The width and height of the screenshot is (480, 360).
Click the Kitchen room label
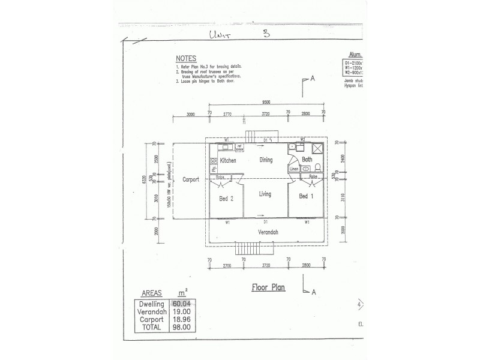[x=228, y=161]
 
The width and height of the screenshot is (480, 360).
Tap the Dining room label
[x=265, y=160]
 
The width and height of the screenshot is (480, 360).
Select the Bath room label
[x=307, y=160]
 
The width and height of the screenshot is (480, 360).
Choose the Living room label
[x=265, y=194]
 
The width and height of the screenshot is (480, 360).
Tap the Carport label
[x=190, y=179]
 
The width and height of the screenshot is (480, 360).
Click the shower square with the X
[x=319, y=150]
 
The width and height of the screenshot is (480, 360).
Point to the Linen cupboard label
[x=294, y=169]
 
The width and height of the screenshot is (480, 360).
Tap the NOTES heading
[x=185, y=58]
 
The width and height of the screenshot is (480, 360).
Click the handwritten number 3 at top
[x=266, y=34]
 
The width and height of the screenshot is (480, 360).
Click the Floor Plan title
[x=268, y=287]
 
